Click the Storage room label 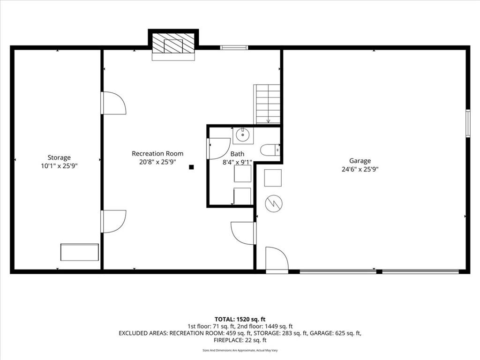point(59,157)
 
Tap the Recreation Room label point(157,154)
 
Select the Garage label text point(360,161)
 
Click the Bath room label point(237,154)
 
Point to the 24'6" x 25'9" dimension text point(360,169)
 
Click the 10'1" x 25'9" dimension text point(59,166)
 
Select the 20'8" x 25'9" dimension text point(157,162)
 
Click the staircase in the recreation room point(267,104)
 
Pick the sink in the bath point(243,135)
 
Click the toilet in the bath point(270,150)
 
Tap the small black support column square point(191,167)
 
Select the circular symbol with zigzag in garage point(274,203)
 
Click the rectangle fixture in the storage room point(80,252)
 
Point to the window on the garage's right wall point(468,123)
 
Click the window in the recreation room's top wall point(234,47)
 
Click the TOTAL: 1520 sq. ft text point(240,320)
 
